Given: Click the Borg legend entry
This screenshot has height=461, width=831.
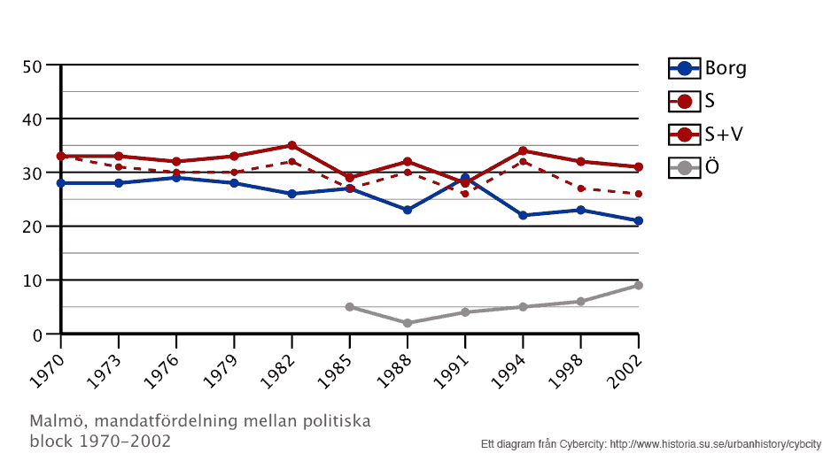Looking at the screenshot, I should (x=707, y=68).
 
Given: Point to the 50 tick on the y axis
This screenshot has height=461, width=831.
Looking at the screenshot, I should (x=33, y=65).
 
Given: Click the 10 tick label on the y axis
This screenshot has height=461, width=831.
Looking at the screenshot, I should (x=33, y=280).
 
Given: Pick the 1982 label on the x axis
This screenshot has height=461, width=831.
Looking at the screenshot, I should (x=277, y=364).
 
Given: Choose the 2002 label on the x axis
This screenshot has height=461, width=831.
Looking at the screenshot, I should (x=624, y=364).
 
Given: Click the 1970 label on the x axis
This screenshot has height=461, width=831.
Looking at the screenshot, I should (x=46, y=364).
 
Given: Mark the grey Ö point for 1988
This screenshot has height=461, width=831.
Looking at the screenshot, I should (x=408, y=323).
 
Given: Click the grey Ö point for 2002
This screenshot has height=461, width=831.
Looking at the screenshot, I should (x=638, y=285).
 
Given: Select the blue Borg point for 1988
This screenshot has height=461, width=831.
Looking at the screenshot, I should (x=408, y=210).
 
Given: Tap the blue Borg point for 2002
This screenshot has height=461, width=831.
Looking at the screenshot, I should (x=638, y=220).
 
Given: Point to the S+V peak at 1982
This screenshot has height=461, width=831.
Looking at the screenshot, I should (x=291, y=145).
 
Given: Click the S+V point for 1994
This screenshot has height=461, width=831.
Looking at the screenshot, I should (x=523, y=150).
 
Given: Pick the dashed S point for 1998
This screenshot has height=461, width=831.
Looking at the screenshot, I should (x=580, y=188).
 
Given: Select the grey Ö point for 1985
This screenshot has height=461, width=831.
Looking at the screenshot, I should (x=350, y=307).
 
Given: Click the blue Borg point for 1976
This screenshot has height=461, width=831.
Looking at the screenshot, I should (x=176, y=178).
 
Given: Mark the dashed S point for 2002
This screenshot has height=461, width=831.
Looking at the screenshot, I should (x=638, y=194).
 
